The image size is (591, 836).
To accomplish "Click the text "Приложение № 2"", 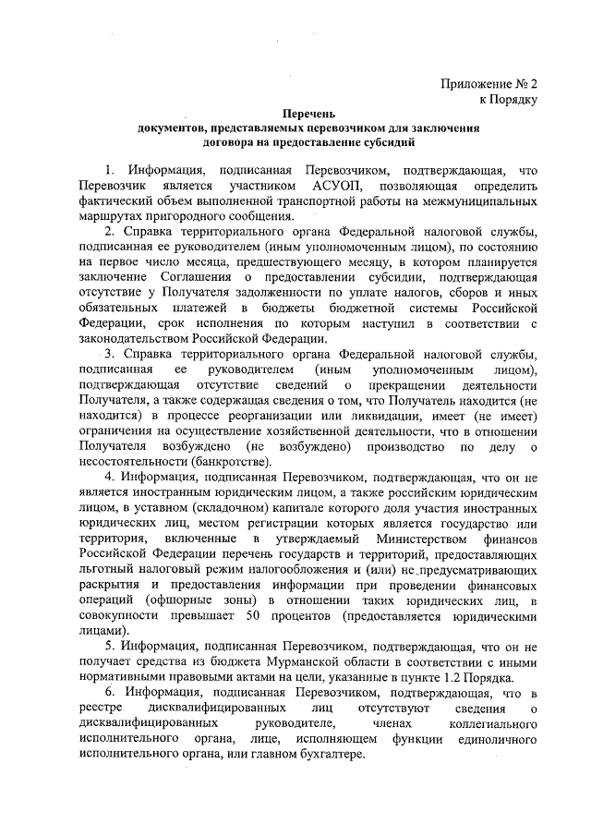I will coord(490,82).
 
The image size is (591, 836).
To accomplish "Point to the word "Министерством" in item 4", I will coord(400,537).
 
